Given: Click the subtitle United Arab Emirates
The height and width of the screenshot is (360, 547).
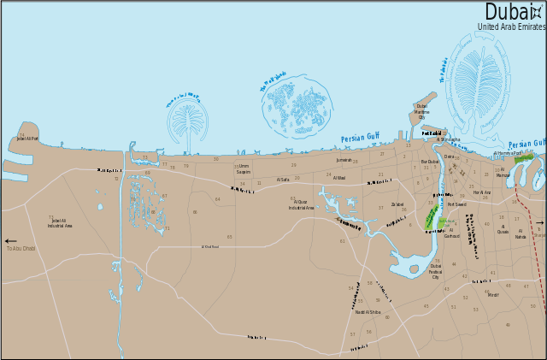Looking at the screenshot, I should pos(511,27).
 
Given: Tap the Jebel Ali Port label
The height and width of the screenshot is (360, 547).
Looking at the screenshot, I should pos(28,138).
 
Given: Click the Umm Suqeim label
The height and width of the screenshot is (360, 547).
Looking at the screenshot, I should pos(244,168).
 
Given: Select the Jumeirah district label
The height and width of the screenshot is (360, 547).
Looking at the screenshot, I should pos(344,160).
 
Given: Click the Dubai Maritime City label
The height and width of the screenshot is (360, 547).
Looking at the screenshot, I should pos(421,111).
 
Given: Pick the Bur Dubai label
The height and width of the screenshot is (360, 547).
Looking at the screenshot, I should pos(430,162).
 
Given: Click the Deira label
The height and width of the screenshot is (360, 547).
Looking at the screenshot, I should pos(449,157).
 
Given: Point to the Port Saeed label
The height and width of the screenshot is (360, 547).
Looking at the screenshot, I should pos(456,204).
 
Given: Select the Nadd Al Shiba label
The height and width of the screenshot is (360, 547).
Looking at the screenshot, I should pos(368,312).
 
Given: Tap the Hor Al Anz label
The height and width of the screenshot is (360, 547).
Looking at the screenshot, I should pos(482,192).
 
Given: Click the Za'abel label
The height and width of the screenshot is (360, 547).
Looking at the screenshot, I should pos(397,204).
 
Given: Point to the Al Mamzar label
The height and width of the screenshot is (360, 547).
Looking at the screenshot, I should pos(503,173).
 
